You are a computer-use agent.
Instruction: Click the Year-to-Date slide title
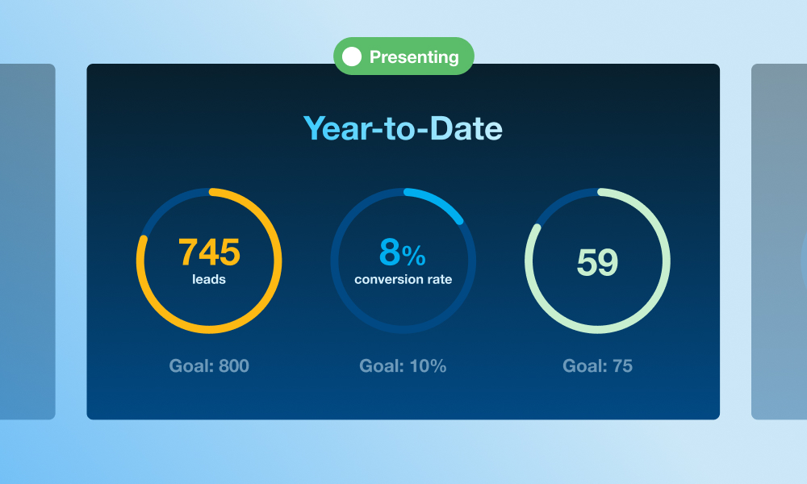[403, 128]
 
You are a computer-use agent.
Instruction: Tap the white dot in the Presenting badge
[352, 56]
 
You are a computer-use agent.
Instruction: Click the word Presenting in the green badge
[414, 56]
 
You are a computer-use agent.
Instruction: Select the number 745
[209, 252]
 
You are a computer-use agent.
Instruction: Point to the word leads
[209, 279]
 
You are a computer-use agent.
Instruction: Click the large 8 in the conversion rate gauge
[390, 252]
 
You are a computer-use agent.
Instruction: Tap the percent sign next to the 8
[414, 256]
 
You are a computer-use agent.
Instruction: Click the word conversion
[386, 279]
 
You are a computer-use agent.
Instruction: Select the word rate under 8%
[436, 279]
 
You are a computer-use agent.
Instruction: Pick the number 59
[597, 262]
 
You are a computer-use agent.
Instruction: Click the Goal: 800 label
[209, 365]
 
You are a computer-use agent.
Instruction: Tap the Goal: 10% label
[403, 365]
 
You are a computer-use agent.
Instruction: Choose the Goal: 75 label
[597, 365]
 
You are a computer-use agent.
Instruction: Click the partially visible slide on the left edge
[27, 242]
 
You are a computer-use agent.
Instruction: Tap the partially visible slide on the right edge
[780, 242]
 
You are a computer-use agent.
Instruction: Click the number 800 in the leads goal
[234, 365]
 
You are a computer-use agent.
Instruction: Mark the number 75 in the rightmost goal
[622, 365]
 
